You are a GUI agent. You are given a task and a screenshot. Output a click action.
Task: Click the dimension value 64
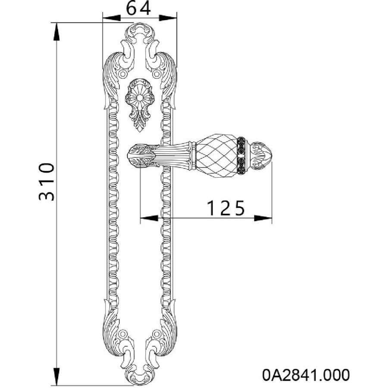[138, 9]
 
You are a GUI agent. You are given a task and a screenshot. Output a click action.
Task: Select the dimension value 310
[47, 181]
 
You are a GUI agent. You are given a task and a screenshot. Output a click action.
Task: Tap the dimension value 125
[225, 208]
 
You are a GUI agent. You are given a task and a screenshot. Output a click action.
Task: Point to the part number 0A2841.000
[306, 375]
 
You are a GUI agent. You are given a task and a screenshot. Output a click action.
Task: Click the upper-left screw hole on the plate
[122, 74]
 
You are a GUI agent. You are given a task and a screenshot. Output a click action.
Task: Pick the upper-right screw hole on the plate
[156, 74]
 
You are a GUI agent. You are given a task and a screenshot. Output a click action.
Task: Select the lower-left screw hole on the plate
[122, 334]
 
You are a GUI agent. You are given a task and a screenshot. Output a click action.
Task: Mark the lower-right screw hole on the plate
[156, 334]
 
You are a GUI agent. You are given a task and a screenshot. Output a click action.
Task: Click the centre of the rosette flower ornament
[140, 98]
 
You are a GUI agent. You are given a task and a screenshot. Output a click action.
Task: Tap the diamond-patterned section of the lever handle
[216, 156]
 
